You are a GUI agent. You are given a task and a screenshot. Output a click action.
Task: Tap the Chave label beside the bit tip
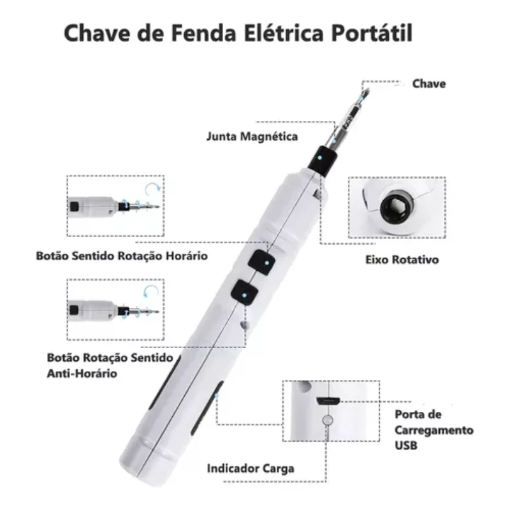click(x=428, y=84)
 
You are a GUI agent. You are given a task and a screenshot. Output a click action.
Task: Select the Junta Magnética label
click(x=252, y=136)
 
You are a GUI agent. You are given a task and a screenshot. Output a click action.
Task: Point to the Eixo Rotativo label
click(x=402, y=259)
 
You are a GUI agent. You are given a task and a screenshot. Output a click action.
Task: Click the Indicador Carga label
click(x=251, y=469)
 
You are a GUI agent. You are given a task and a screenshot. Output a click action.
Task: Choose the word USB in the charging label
click(x=406, y=445)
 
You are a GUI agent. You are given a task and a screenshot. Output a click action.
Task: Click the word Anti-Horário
click(x=82, y=374)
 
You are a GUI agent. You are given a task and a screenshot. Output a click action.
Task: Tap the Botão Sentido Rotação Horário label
click(x=122, y=256)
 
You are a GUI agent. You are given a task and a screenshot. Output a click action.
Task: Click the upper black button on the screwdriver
click(x=262, y=262)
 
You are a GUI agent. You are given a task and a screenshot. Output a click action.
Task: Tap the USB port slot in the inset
click(x=328, y=401)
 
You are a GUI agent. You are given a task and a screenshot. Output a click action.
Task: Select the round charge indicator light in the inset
click(x=328, y=420)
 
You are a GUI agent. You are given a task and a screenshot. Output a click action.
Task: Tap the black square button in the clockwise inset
click(x=75, y=206)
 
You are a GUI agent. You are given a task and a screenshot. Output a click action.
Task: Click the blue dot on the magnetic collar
click(x=320, y=157)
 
